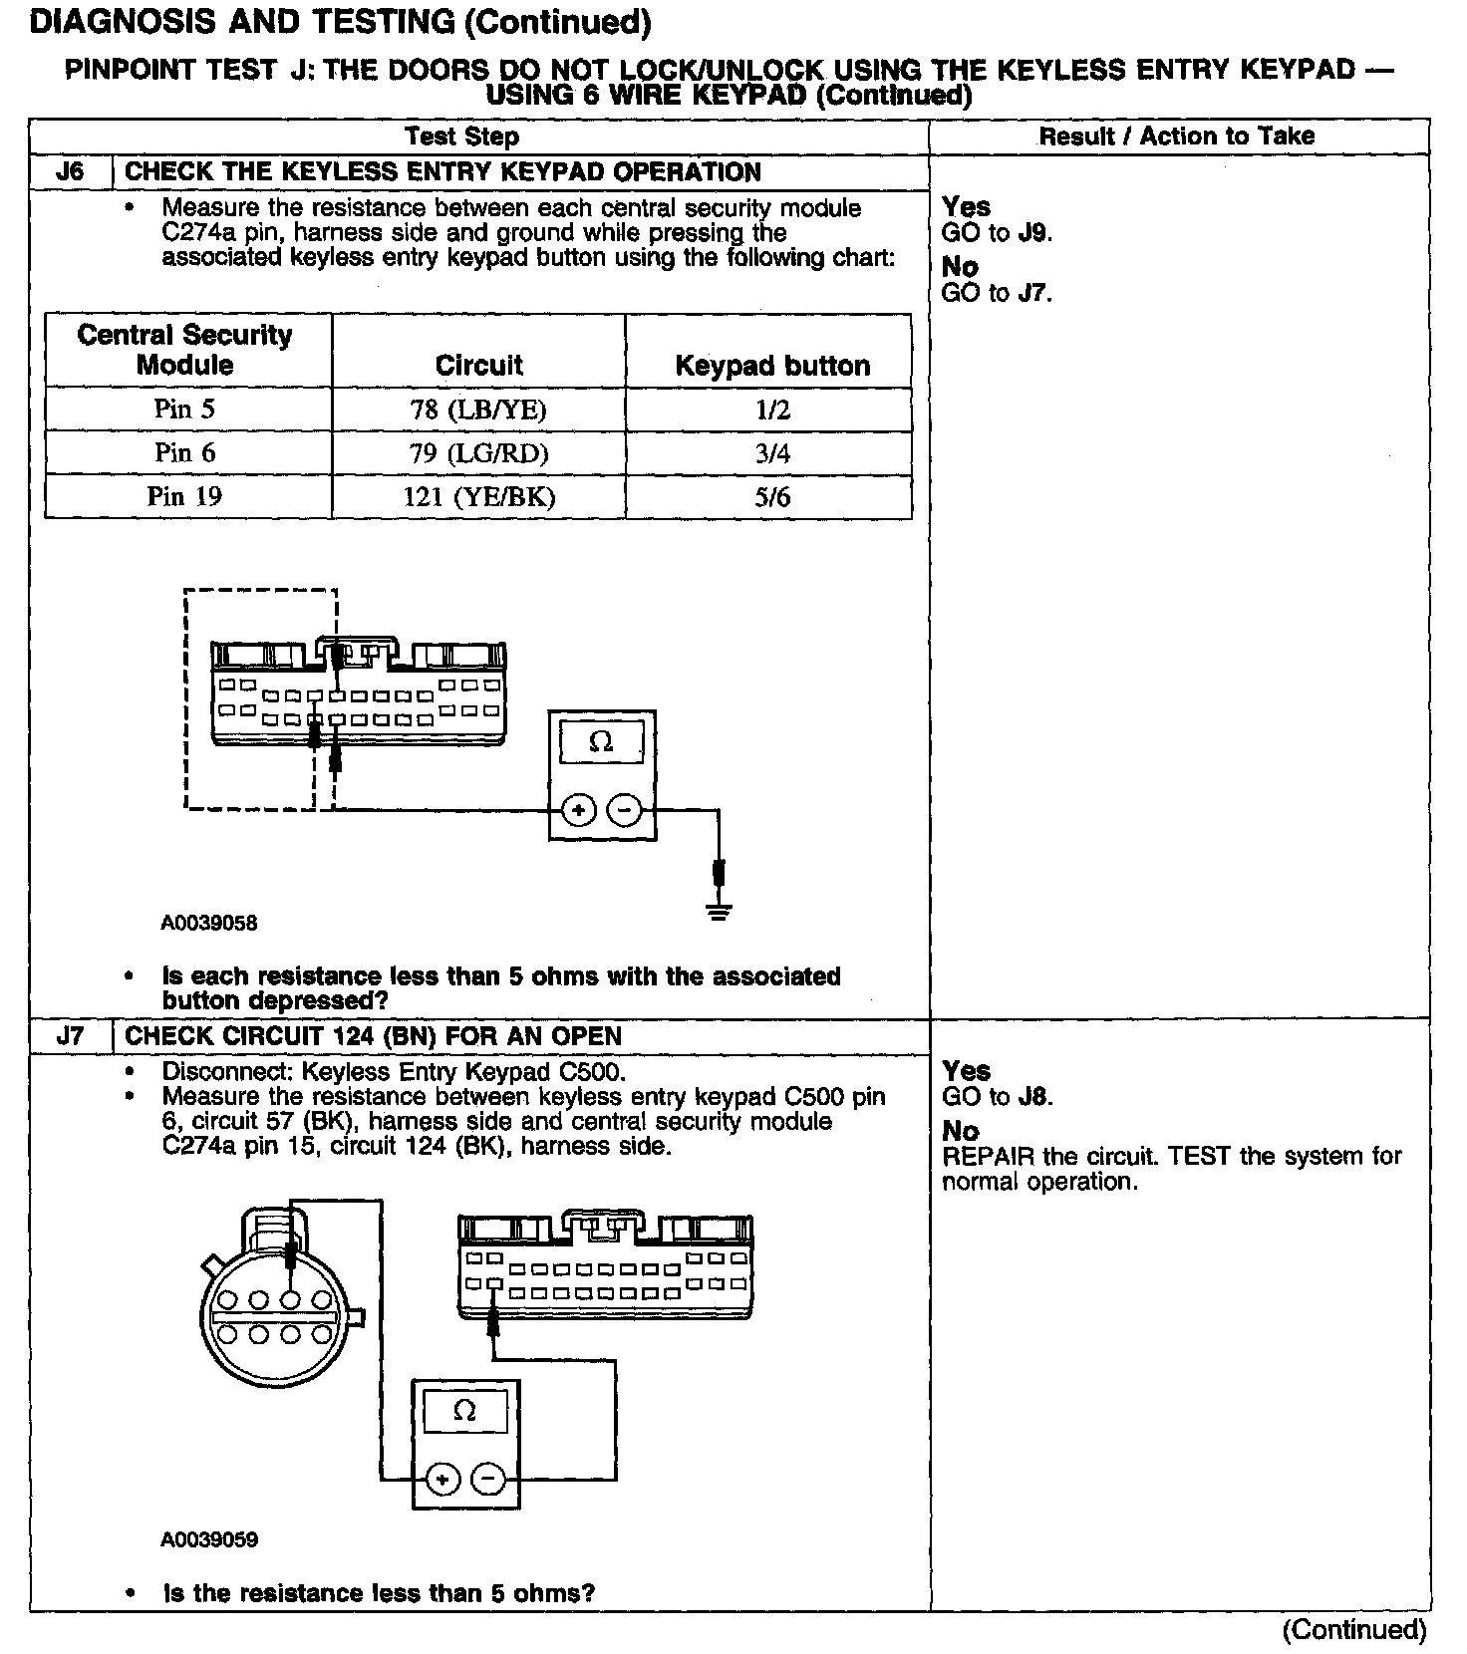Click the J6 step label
click(71, 171)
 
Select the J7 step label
click(71, 1036)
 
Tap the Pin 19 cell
click(185, 496)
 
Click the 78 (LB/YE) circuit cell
click(478, 410)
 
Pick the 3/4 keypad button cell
click(772, 454)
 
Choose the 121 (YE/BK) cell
click(478, 497)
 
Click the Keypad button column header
click(772, 366)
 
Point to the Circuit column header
click(478, 366)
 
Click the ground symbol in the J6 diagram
click(719, 909)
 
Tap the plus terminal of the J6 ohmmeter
click(577, 811)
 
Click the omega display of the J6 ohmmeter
click(601, 742)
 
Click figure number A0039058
click(209, 923)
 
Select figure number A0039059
click(209, 1539)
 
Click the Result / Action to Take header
click(1177, 137)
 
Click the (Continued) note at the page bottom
click(1354, 1629)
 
